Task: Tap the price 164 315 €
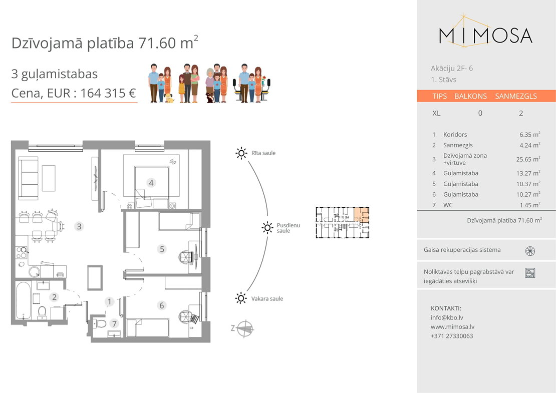[x=108, y=93]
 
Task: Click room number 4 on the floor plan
[x=151, y=183]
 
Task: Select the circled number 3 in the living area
[x=79, y=226]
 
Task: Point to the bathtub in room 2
[x=24, y=300]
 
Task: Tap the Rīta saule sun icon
[x=241, y=153]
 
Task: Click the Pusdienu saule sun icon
[x=267, y=227]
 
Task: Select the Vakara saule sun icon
[x=241, y=298]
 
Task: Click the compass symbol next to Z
[x=245, y=328]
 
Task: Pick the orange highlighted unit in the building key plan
[x=362, y=215]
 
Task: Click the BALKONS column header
[x=470, y=96]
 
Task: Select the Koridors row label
[x=455, y=135]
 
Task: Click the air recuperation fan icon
[x=530, y=251]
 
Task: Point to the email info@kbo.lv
[x=447, y=317]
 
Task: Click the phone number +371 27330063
[x=452, y=336]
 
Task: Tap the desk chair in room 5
[x=186, y=256]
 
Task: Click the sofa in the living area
[x=28, y=178]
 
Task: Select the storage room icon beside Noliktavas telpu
[x=530, y=273]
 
